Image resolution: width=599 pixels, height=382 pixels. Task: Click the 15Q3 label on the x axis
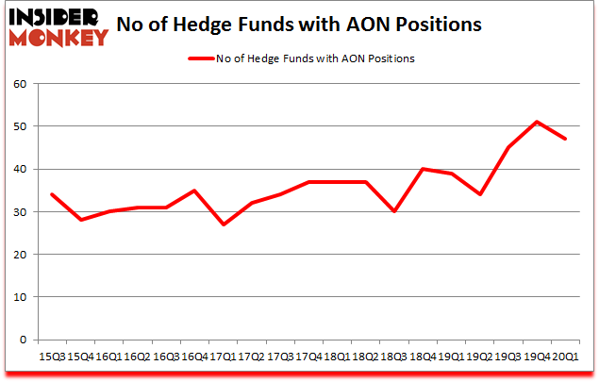[x=52, y=357]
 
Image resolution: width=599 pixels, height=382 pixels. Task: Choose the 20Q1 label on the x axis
[x=565, y=357]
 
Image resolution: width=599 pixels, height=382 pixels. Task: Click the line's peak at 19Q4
[x=537, y=122]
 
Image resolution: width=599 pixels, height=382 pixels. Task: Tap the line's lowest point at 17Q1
[x=223, y=224]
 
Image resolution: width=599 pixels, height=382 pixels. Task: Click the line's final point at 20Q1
[x=565, y=139]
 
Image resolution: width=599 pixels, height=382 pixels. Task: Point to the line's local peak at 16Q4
[x=194, y=191]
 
